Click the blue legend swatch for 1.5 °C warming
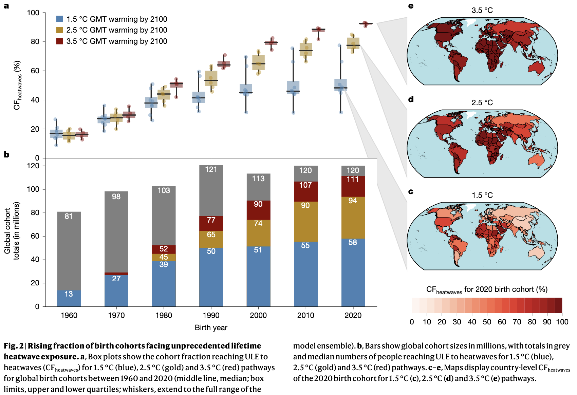click(60, 19)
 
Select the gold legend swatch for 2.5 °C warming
click(60, 30)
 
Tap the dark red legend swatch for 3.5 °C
click(60, 41)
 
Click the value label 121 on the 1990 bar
click(211, 170)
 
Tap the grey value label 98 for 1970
click(116, 197)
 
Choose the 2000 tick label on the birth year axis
click(258, 316)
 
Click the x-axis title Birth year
click(211, 328)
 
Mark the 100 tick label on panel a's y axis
click(33, 13)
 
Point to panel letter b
click(6, 155)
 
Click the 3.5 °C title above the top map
click(482, 11)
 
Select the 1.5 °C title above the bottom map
click(482, 195)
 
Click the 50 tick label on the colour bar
click(487, 322)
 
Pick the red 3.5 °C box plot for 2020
click(366, 23)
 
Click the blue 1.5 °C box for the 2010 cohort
click(293, 88)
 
